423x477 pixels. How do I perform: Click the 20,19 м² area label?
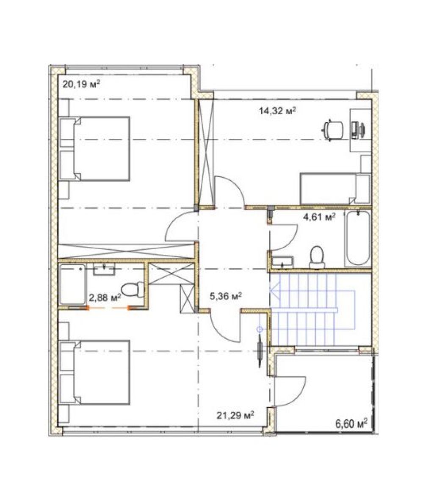81,84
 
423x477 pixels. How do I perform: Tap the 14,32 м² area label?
277,110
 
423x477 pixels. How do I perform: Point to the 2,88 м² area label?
105,297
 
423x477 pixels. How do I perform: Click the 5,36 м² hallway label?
226,296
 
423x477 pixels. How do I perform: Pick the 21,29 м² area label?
235,415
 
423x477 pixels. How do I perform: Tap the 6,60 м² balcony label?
351,423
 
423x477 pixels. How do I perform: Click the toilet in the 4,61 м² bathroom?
317,257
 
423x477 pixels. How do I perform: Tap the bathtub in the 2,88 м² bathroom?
73,284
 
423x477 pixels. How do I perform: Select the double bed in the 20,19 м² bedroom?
95,149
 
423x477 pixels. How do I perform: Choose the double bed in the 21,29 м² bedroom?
95,372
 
